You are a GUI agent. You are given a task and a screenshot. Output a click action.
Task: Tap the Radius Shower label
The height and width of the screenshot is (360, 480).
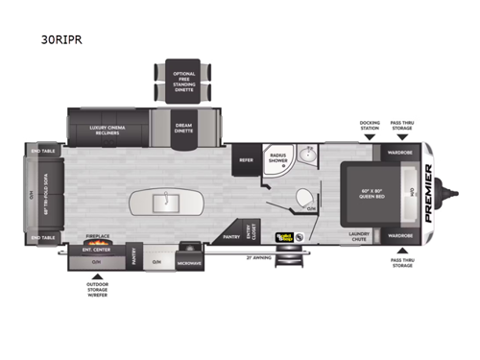(278, 160)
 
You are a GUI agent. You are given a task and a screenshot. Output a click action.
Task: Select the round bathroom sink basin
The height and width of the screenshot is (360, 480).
(309, 157)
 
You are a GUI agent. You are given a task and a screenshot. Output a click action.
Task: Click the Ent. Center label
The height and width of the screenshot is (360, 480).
(93, 250)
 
